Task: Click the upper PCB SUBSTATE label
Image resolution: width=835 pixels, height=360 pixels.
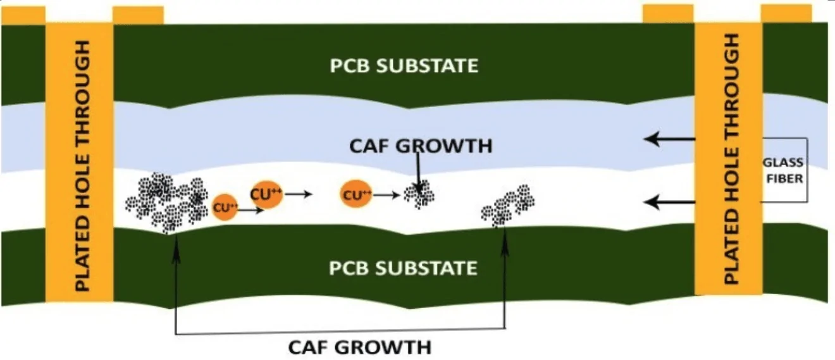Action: [404, 66]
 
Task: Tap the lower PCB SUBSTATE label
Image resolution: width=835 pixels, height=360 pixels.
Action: [403, 268]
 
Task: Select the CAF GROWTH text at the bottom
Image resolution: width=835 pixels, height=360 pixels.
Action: [359, 347]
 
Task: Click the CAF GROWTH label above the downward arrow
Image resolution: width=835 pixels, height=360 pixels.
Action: [420, 146]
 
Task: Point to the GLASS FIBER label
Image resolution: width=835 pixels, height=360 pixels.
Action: [784, 171]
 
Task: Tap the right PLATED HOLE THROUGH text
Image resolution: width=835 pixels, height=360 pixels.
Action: [731, 159]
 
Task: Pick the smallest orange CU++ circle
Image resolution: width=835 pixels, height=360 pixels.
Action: [225, 208]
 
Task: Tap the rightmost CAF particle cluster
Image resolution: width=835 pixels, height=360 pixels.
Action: [508, 204]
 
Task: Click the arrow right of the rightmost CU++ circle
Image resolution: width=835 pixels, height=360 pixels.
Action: [387, 196]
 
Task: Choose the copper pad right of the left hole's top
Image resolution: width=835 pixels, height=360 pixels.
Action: [138, 15]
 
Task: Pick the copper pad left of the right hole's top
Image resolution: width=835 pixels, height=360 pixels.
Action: [668, 13]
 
